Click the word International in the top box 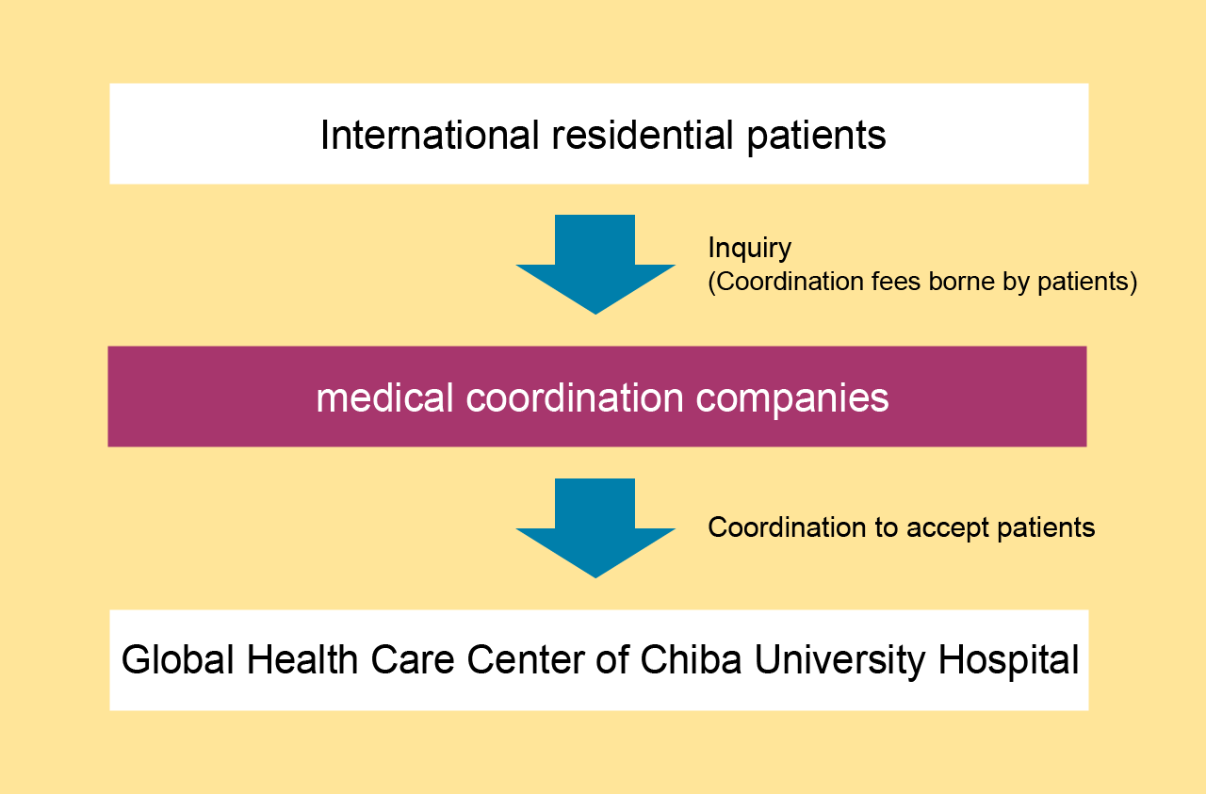[430, 135]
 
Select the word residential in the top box [643, 135]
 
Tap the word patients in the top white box [816, 138]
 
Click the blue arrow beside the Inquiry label [595, 265]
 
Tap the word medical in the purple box [384, 397]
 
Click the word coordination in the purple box [575, 397]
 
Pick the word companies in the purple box [792, 400]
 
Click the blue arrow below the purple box [595, 528]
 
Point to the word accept [948, 528]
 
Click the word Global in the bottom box [178, 659]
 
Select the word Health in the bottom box [302, 659]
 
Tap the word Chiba [691, 659]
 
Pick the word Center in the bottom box [526, 659]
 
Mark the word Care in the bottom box [413, 659]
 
